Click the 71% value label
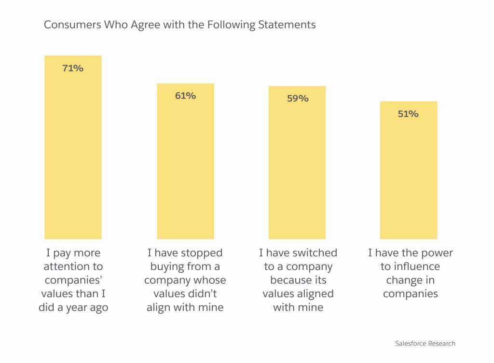[x=73, y=68]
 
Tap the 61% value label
[x=185, y=96]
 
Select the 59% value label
[x=297, y=98]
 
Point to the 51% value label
[x=408, y=114]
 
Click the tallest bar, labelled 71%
[x=73, y=154]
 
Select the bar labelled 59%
[x=297, y=169]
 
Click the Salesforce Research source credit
[x=425, y=344]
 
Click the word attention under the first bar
[x=67, y=266]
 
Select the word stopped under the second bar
[x=202, y=253]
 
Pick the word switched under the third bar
[x=316, y=253]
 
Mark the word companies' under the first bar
[x=73, y=280]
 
